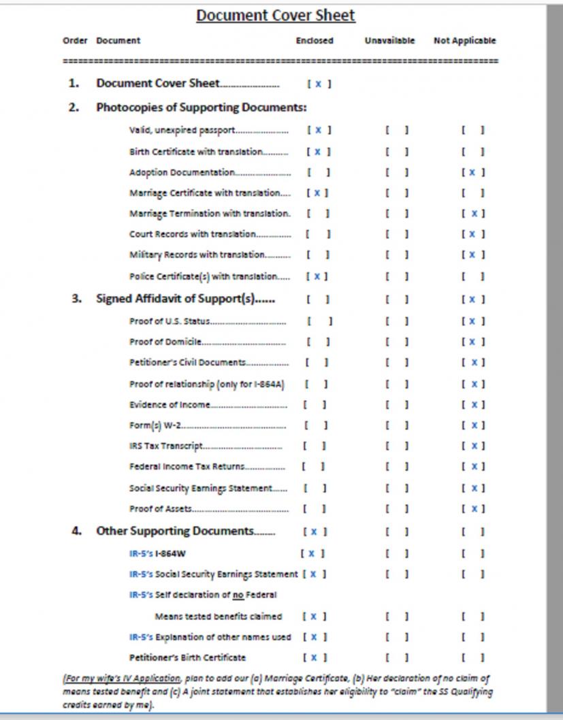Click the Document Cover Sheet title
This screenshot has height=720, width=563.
point(276,15)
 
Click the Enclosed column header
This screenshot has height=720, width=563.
point(315,41)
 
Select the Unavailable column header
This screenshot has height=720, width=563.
point(389,41)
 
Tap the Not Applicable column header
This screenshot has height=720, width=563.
point(465,41)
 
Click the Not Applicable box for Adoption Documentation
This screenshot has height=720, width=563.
point(473,173)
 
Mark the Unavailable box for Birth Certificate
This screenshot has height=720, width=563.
point(396,151)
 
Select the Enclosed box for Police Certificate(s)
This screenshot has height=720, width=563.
point(317,276)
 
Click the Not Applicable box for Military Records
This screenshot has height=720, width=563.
point(473,255)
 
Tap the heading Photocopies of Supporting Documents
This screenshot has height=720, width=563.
point(202,107)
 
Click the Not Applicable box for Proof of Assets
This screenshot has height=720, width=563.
point(473,509)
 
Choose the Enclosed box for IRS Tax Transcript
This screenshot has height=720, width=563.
point(315,446)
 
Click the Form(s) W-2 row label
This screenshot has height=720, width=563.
point(157,426)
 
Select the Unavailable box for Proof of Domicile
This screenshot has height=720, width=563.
point(396,342)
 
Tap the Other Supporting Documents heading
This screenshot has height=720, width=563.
point(176,531)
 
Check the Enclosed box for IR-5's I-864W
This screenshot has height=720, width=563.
point(312,554)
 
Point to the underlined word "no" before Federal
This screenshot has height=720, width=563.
point(238,595)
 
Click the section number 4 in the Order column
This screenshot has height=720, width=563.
point(76,531)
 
